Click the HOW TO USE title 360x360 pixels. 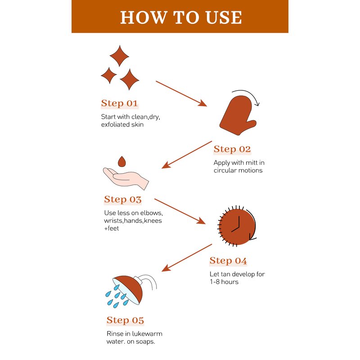tap(181, 17)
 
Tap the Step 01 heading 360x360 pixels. tap(119, 103)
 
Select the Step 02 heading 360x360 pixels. tap(232, 149)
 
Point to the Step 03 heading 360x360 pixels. tap(122, 199)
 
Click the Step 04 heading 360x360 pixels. tap(228, 261)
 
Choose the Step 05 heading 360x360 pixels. tap(125, 320)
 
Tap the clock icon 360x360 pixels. tap(237, 226)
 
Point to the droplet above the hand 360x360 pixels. tap(121, 162)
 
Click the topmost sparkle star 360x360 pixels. tap(119, 56)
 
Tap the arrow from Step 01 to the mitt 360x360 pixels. tap(181, 94)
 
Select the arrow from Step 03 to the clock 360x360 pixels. tap(180, 211)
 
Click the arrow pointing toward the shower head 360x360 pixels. tap(187, 258)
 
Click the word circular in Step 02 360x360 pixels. tap(225, 171)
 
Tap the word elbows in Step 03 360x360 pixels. tap(152, 213)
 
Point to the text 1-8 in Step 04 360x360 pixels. tap(215, 282)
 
